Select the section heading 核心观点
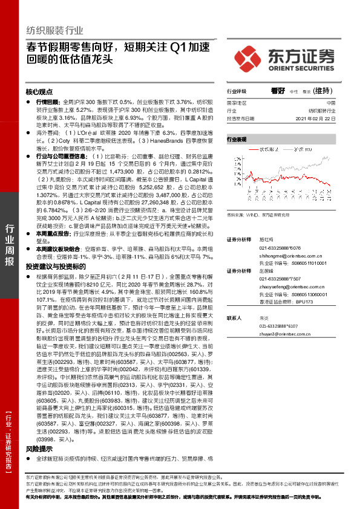[39, 92]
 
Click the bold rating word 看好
[278, 90]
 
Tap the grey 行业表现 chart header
[238, 139]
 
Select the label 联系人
[234, 317]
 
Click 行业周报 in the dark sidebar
[10, 245]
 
